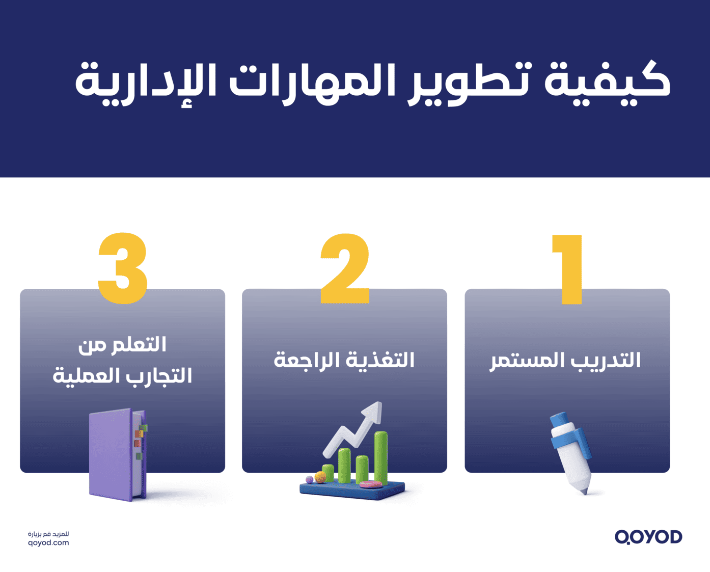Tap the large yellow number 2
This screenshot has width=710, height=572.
(x=345, y=269)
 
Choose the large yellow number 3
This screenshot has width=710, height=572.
(x=123, y=269)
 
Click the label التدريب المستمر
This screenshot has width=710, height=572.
(x=565, y=361)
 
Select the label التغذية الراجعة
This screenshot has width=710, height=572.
(x=344, y=360)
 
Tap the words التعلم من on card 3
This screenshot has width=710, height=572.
(x=122, y=345)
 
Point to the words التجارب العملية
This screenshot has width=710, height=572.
(x=122, y=376)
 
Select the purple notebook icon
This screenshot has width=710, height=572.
(x=116, y=454)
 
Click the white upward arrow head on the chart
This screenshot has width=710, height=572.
(x=375, y=412)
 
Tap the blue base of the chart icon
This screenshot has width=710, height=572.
(x=351, y=491)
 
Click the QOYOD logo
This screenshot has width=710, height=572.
(x=648, y=537)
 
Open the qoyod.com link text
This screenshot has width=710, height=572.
(x=48, y=543)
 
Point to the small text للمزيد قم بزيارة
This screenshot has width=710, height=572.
(x=48, y=534)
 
